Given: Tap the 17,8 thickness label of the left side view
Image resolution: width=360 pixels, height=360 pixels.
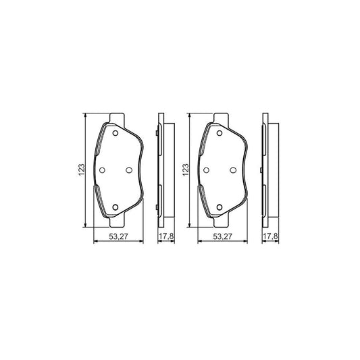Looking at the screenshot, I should [165, 236].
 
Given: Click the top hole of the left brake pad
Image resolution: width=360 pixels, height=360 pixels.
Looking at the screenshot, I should [114, 134].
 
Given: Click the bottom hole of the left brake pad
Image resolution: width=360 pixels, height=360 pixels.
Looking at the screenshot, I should [114, 207].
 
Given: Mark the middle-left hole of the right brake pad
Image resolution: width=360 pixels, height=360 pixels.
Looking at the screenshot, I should [207, 170].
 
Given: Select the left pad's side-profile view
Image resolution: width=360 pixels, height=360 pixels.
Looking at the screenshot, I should [162, 170].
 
